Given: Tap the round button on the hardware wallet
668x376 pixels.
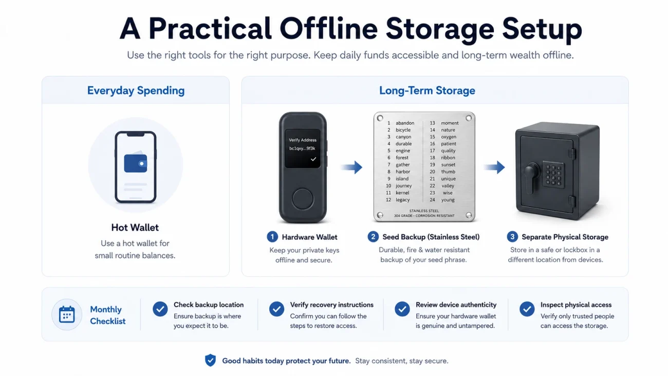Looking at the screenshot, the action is (x=302, y=199).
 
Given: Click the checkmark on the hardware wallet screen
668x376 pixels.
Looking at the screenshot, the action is (x=313, y=159).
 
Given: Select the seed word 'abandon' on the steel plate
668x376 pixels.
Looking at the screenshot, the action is (x=405, y=123).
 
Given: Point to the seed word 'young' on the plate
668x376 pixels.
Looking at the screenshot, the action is (x=448, y=200).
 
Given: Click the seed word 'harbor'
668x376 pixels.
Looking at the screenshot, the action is (x=402, y=172).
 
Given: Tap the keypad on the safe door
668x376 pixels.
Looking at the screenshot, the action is (x=553, y=175).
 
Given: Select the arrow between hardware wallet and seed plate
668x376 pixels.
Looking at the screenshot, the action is (x=351, y=167).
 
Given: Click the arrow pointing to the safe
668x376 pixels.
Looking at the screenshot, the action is (x=494, y=167).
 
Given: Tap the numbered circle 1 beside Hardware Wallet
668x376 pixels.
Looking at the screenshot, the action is (x=272, y=237).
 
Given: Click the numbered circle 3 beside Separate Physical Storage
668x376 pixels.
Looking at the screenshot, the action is (x=512, y=237).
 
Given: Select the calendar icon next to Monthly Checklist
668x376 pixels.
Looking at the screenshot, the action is (x=67, y=314).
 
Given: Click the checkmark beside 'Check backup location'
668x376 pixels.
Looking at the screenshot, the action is (x=160, y=309).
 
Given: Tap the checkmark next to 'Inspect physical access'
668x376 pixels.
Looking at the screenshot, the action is (x=527, y=309).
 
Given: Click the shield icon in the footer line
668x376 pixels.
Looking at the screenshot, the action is (x=210, y=360).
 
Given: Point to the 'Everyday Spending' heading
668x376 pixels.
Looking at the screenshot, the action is (x=136, y=90).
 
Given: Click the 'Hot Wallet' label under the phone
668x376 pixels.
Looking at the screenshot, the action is (x=135, y=228).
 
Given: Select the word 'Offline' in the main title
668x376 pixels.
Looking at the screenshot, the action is (x=329, y=29).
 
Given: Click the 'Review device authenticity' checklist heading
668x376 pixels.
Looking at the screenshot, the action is (x=456, y=305).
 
